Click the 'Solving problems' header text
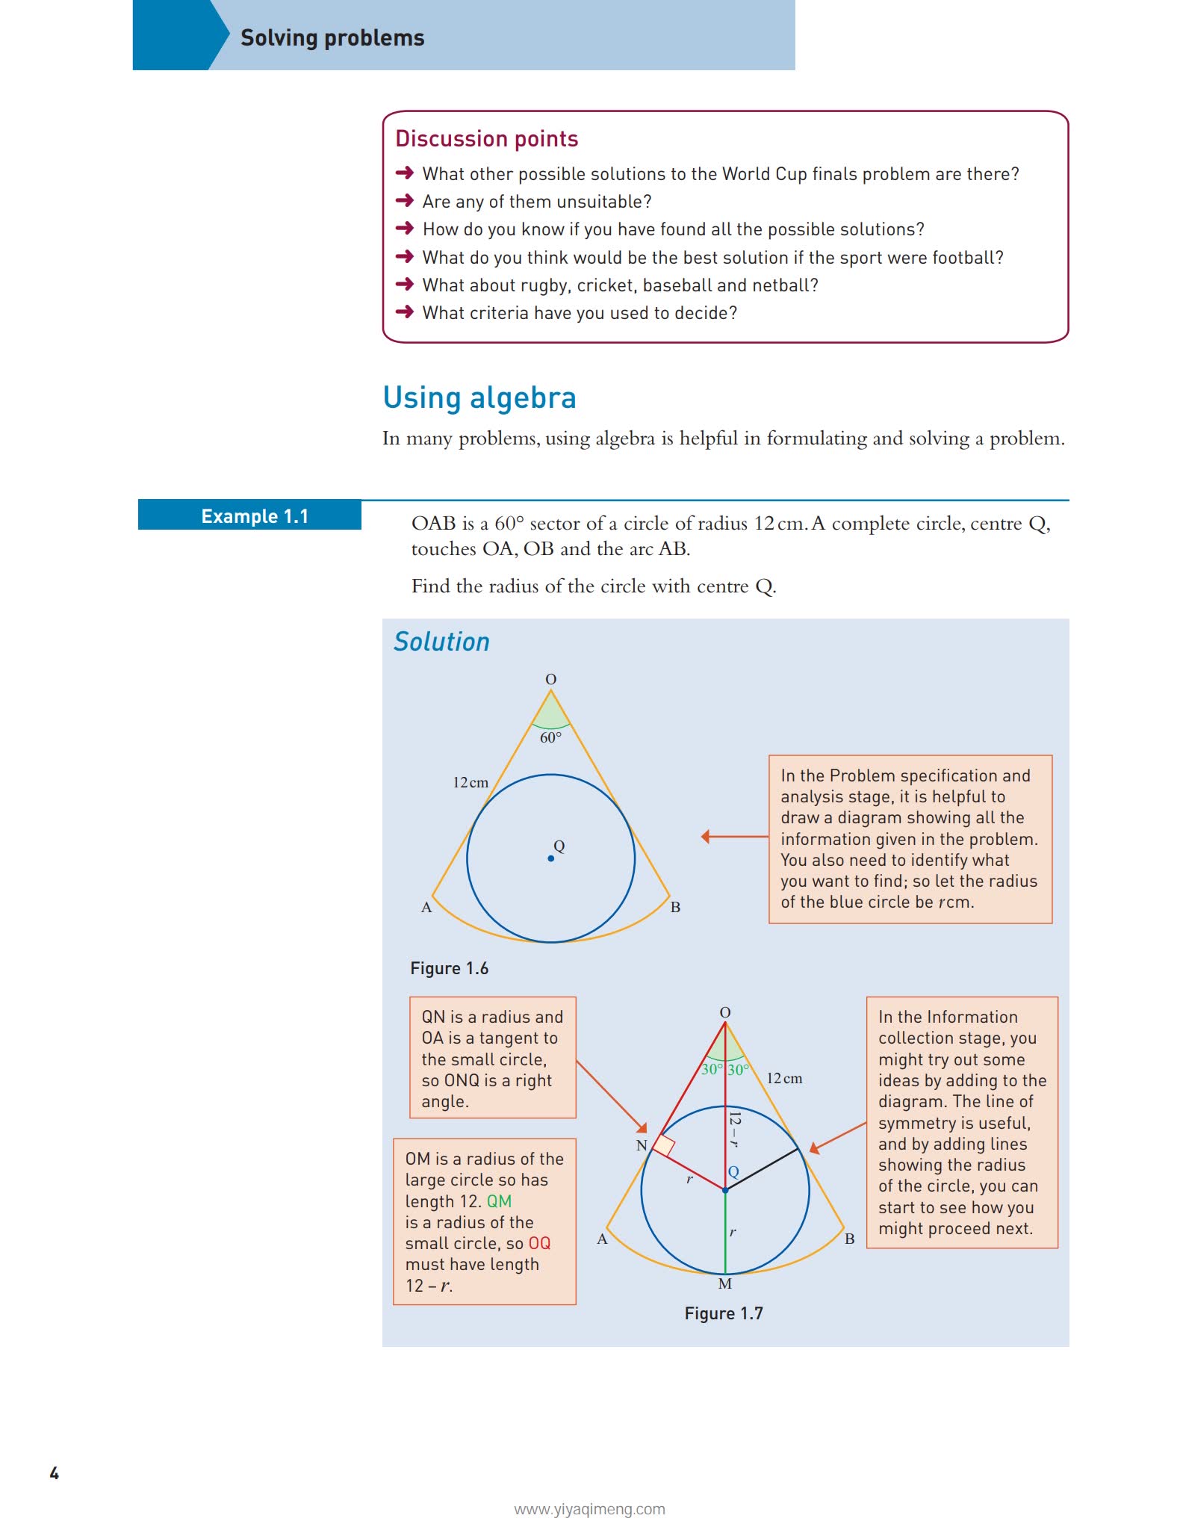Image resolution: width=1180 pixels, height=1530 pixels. (332, 38)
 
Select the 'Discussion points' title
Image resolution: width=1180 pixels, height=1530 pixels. (486, 139)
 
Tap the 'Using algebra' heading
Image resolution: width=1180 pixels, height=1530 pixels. (479, 398)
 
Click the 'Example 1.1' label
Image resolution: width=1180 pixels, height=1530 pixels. (255, 516)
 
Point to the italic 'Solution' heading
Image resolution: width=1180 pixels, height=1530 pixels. (441, 642)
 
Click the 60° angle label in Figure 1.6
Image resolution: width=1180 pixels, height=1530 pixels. (550, 738)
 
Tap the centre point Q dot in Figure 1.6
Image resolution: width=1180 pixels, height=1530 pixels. (551, 858)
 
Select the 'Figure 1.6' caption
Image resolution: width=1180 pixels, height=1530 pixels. (449, 968)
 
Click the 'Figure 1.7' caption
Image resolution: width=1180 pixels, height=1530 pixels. (724, 1313)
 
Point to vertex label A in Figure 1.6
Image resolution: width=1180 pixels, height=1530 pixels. (426, 908)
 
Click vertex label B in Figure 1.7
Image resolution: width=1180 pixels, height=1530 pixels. (849, 1239)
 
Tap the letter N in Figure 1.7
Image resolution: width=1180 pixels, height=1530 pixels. (642, 1145)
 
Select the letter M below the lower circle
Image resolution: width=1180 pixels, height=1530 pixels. (724, 1284)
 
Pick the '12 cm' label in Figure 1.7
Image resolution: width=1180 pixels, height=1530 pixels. (784, 1079)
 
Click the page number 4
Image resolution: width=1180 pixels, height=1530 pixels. (54, 1473)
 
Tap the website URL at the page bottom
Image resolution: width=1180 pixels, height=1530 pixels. (589, 1509)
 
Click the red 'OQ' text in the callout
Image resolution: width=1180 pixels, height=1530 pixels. (539, 1243)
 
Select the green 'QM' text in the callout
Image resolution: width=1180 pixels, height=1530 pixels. (499, 1201)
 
